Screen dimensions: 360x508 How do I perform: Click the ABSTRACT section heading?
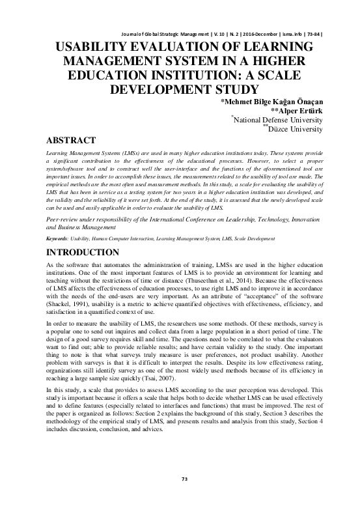coord(74,140)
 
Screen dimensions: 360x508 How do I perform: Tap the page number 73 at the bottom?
coord(180,498)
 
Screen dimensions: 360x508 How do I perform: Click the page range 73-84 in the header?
coord(313,33)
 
